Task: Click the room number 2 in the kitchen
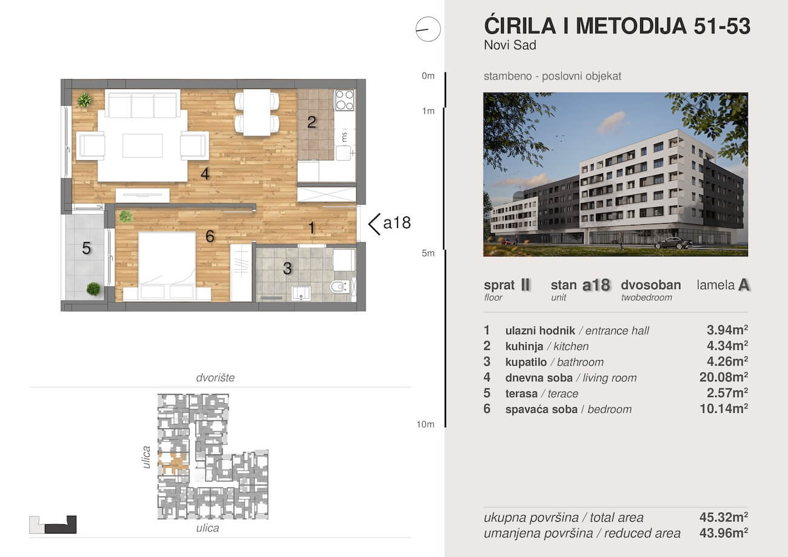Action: (x=312, y=122)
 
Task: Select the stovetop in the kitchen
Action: (x=345, y=100)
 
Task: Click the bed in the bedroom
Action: (x=167, y=265)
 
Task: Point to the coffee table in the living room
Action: (x=142, y=145)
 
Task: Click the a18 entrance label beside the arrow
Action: (x=397, y=223)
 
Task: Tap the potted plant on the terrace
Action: (x=93, y=289)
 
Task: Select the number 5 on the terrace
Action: (x=87, y=248)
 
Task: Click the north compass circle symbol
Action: (x=428, y=29)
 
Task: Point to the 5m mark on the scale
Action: (x=429, y=253)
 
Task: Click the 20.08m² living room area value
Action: (x=723, y=378)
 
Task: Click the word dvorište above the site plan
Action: (x=215, y=378)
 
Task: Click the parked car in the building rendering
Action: (x=673, y=243)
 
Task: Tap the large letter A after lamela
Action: (x=744, y=285)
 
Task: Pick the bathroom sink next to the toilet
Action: (x=301, y=293)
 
